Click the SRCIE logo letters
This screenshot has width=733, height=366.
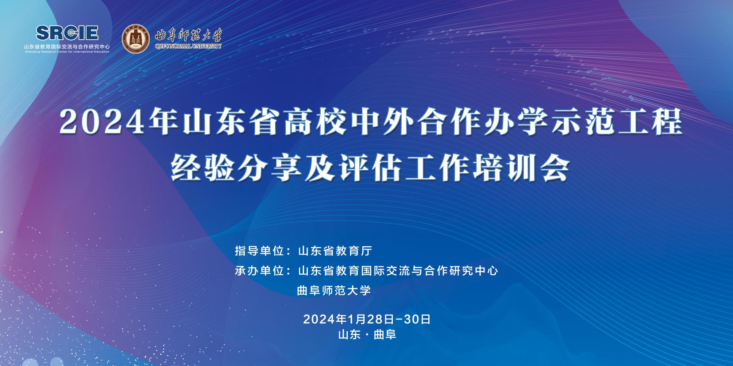coord(67,33)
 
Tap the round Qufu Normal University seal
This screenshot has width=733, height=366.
coord(136,39)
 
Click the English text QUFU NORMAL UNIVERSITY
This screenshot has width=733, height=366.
coord(188,47)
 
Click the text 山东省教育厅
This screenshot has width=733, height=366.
coord(334,251)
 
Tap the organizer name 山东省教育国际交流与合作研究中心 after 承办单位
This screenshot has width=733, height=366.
coord(398,271)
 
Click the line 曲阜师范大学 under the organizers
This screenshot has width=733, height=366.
coord(334,291)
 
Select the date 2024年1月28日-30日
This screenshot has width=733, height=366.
coord(367,319)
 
